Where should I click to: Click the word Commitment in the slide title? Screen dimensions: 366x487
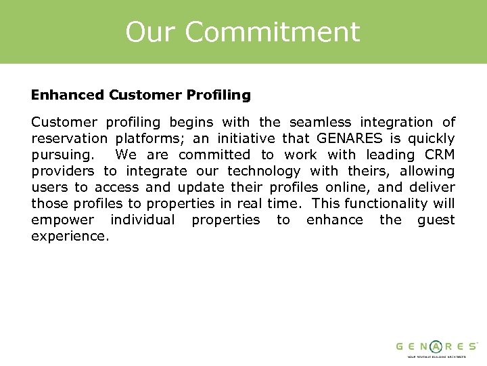272,32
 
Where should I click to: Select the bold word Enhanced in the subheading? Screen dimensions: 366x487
67,96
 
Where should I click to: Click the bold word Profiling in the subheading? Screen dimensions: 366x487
221,96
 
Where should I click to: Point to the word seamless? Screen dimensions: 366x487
320,123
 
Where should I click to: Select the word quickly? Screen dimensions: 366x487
431,139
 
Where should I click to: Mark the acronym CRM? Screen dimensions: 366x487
440,155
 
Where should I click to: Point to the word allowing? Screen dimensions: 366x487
427,171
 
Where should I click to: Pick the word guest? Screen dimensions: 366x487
436,220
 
